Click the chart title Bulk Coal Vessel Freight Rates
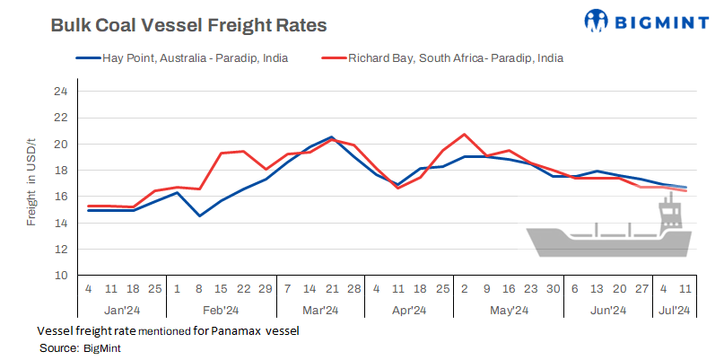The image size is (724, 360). (188, 25)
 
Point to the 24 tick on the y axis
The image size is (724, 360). (60, 92)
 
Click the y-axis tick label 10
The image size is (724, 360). (60, 276)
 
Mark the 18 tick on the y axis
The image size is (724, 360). (60, 171)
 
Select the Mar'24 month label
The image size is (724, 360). (320, 311)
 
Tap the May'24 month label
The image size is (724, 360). (509, 311)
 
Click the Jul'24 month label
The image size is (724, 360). (673, 311)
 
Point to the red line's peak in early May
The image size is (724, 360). (465, 135)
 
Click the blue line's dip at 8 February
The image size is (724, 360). (199, 215)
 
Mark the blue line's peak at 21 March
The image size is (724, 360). (332, 137)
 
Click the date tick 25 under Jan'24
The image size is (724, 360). (154, 290)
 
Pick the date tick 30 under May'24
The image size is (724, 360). (553, 290)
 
